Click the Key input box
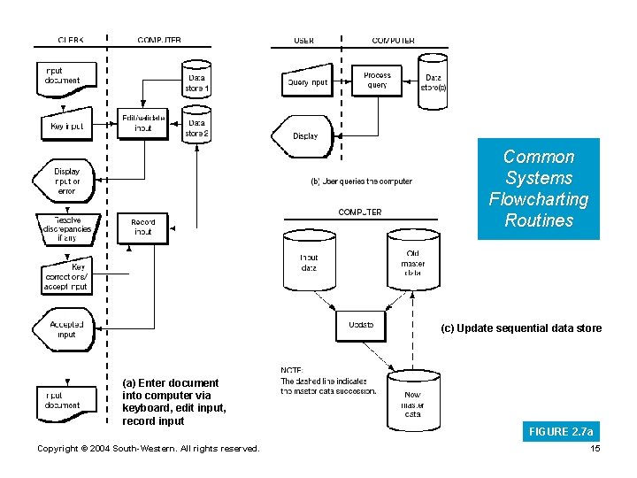point(65,126)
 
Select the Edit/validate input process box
point(143,123)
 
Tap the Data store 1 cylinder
point(196,79)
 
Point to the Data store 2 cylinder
point(196,125)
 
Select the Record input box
point(142,227)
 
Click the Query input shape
point(307,81)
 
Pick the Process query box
point(377,80)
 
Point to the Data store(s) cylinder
point(433,81)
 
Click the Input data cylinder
point(309,260)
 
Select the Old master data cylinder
point(412,260)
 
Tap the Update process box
point(361,325)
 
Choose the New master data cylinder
point(412,397)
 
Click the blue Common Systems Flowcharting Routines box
point(538,189)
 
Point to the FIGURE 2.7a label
point(560,432)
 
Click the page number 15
point(595,449)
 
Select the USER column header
point(303,41)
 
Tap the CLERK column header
point(71,41)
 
